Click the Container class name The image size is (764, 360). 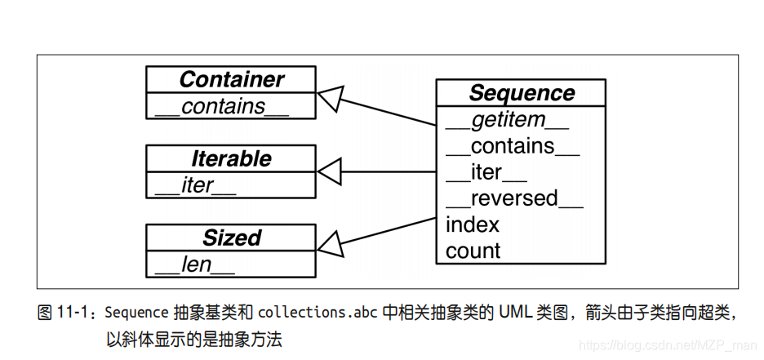tap(231, 79)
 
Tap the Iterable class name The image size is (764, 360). tap(231, 158)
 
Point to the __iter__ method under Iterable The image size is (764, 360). tap(195, 185)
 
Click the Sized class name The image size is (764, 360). tap(231, 238)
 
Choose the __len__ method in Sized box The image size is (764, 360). tap(194, 264)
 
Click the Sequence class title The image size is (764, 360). tap(521, 93)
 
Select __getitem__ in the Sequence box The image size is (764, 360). tap(507, 120)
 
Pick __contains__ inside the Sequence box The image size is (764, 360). tap(513, 146)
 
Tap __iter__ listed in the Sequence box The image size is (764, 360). tap(486, 172)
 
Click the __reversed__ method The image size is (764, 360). tap(514, 198)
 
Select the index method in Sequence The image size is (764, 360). tap(473, 224)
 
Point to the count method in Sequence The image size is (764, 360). tap(473, 251)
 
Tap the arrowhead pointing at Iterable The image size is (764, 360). tap(328, 172)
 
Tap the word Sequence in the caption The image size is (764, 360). tap(137, 312)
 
